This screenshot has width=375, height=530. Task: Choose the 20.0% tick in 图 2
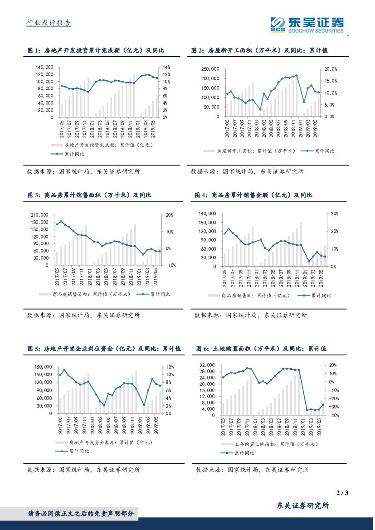click(332, 69)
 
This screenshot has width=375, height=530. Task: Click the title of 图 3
click(89, 195)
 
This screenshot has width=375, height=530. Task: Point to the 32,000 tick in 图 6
click(210, 365)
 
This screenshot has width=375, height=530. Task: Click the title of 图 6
click(261, 349)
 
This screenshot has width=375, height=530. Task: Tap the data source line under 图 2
click(247, 171)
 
